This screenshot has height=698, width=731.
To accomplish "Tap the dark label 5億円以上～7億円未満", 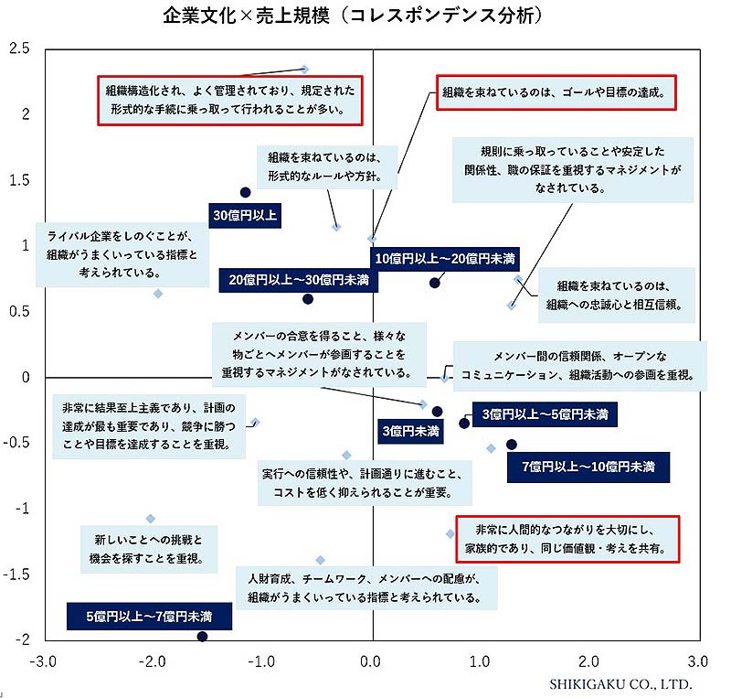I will (x=149, y=616).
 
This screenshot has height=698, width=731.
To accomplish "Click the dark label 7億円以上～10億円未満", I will (x=588, y=467).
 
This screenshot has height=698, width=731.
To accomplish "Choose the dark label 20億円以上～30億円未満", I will (x=298, y=280).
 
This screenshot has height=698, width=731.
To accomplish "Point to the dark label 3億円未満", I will (x=410, y=430).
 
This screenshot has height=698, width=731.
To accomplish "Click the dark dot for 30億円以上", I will (x=245, y=192).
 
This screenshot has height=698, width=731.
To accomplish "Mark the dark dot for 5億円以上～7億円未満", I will (x=203, y=637).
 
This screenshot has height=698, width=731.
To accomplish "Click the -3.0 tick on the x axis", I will (x=43, y=660).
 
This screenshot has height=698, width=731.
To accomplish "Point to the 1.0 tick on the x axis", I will (x=480, y=660).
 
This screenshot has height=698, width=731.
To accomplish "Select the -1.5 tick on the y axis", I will (x=17, y=575).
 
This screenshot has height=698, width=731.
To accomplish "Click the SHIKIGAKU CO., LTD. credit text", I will (x=620, y=683).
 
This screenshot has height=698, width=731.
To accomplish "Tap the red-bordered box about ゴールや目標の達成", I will (x=556, y=93).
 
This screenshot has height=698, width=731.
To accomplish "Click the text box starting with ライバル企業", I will (x=122, y=254).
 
